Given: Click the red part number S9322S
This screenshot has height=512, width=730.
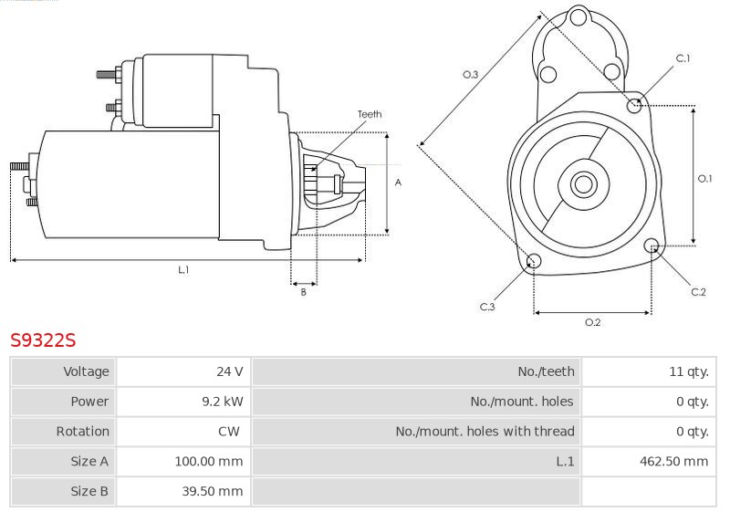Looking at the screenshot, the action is click(43, 340).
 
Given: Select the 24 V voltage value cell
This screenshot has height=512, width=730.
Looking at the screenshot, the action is click(230, 371).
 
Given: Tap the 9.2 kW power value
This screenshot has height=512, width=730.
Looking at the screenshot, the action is click(223, 402).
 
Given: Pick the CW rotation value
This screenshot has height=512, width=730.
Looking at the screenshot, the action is click(229, 431).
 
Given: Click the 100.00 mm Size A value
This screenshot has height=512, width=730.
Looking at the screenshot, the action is click(209, 461).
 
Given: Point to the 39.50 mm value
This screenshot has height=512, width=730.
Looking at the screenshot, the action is click(213, 491).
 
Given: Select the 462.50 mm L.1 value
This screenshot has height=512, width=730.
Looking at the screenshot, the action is click(673, 461).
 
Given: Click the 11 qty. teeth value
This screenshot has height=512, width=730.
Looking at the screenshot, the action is click(689, 371).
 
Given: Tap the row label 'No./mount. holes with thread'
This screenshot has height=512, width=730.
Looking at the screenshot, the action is click(485, 431).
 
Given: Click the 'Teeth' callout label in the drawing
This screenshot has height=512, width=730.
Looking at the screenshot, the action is click(370, 114).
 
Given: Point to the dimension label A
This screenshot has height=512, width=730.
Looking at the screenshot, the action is click(398, 183).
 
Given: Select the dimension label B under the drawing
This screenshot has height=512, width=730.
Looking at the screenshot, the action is click(304, 292).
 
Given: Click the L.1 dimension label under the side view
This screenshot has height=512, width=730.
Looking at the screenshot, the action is click(183, 269).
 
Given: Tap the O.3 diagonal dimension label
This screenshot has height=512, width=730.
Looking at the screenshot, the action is click(470, 75).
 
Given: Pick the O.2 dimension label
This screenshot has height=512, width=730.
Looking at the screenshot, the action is click(592, 322).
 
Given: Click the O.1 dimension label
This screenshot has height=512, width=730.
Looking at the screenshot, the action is click(704, 178).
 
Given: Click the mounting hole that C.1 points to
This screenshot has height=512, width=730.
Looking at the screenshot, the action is click(634, 106).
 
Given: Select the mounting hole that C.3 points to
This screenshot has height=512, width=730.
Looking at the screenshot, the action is click(534, 261).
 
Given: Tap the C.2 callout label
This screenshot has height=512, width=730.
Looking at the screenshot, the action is click(698, 292).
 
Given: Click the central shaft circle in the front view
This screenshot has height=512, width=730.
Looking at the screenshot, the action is click(583, 184).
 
